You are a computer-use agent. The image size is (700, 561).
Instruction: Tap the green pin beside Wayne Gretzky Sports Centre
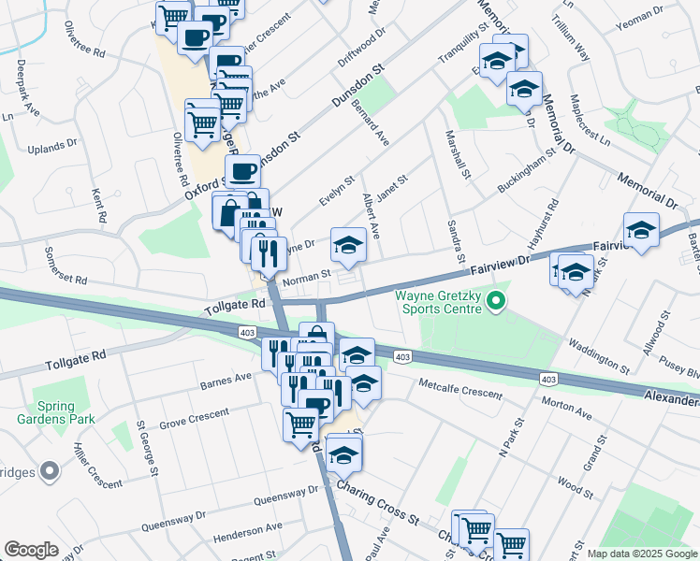(498, 301)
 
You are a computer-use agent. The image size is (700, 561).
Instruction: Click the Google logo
(31, 549)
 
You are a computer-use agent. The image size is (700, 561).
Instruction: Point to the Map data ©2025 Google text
(641, 554)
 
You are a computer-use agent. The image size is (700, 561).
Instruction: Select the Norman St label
(308, 277)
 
